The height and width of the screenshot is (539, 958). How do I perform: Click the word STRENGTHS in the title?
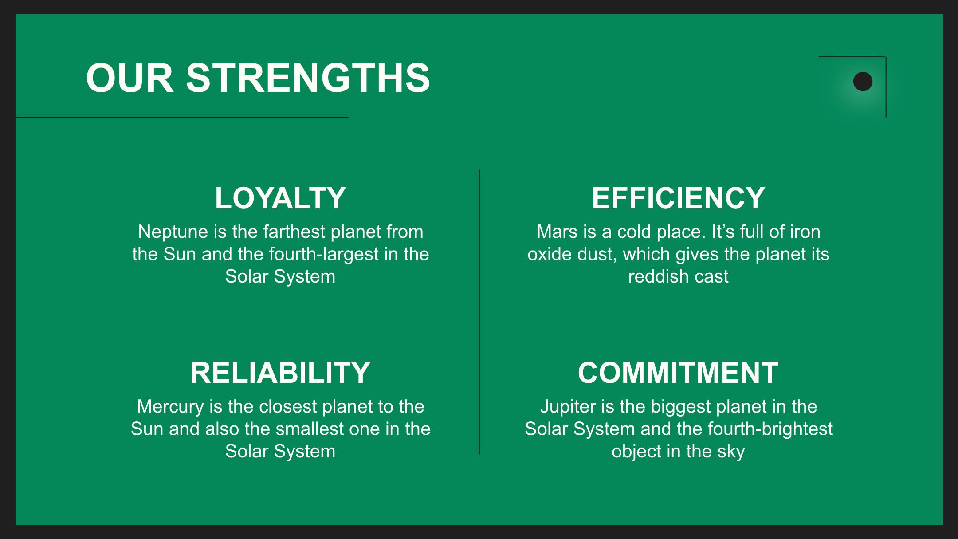308,78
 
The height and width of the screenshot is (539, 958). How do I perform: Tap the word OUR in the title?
130,78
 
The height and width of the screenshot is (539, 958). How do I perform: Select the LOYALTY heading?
280,198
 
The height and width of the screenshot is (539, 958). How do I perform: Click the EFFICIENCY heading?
678,198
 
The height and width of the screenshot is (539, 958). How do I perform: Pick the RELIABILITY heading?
280,373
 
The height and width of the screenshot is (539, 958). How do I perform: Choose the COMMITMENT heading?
678,373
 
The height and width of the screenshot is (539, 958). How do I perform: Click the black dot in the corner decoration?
863,82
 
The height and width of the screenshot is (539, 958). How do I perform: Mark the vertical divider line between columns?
479,311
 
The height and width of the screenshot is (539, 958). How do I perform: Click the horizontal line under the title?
182,118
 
